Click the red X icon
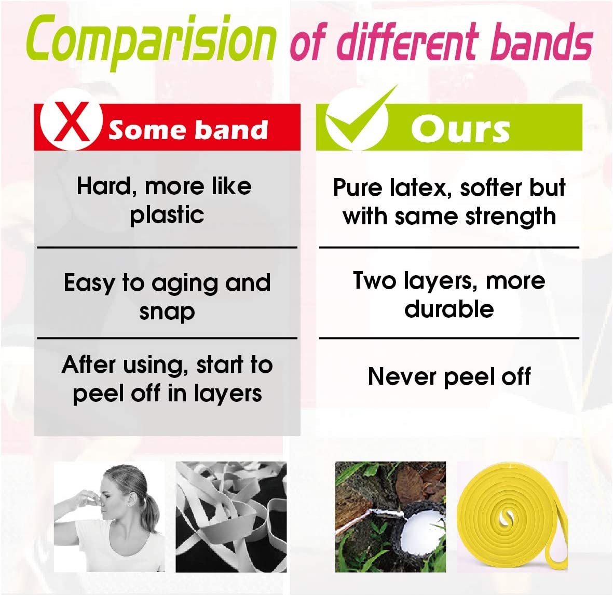coord(72,121)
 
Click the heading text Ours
coord(460,129)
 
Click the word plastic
coord(167,215)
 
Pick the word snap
coord(167,312)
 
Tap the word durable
coord(449,309)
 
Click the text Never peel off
coord(449,376)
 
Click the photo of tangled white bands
coord(231,517)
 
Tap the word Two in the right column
coord(374,281)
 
